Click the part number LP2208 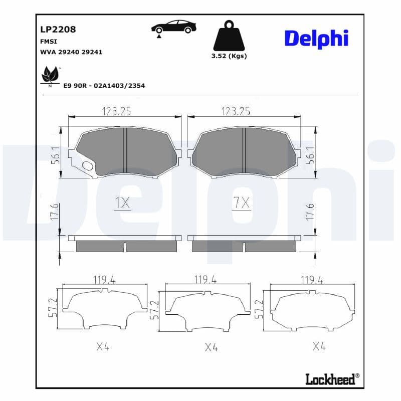58,30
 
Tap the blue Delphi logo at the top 316,39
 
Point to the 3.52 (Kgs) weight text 229,56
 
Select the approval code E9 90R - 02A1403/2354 104,86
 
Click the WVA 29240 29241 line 71,52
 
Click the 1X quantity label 122,203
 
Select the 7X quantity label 241,203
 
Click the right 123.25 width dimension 236,111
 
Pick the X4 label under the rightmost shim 319,346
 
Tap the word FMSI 48,41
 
